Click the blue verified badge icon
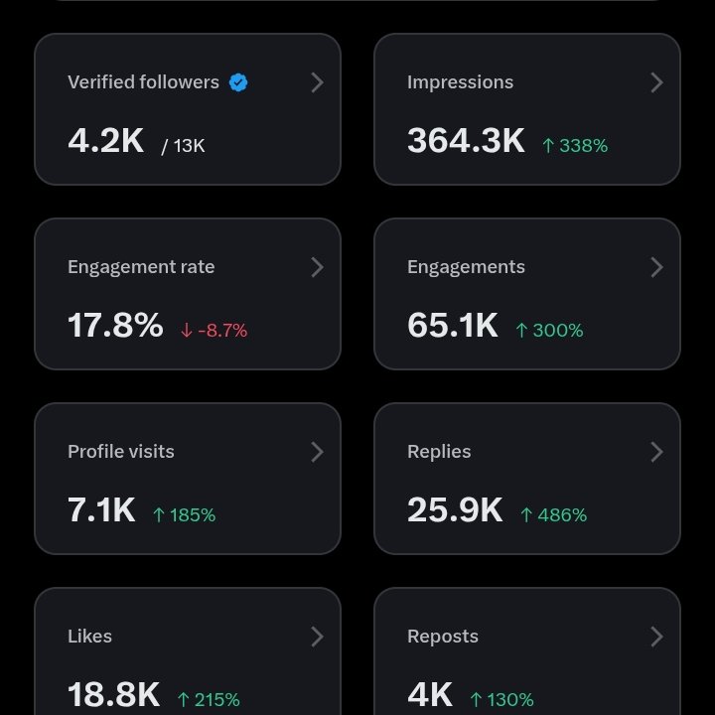click(x=238, y=82)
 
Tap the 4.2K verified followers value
click(x=106, y=141)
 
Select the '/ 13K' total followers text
click(x=183, y=146)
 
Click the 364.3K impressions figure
click(x=466, y=141)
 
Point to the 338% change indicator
click(x=575, y=146)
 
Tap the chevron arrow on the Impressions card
click(x=656, y=82)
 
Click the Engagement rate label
click(x=141, y=267)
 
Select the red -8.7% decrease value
click(x=214, y=331)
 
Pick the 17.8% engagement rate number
click(x=115, y=326)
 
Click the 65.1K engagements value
click(x=453, y=326)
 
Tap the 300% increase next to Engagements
click(x=549, y=331)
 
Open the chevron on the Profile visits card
click(x=317, y=452)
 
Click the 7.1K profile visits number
click(x=101, y=510)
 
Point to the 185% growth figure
click(x=184, y=515)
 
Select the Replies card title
click(x=439, y=452)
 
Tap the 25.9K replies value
click(x=455, y=510)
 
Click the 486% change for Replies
click(x=554, y=515)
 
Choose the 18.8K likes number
click(x=113, y=695)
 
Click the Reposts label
click(x=443, y=637)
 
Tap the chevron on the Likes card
click(x=317, y=637)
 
